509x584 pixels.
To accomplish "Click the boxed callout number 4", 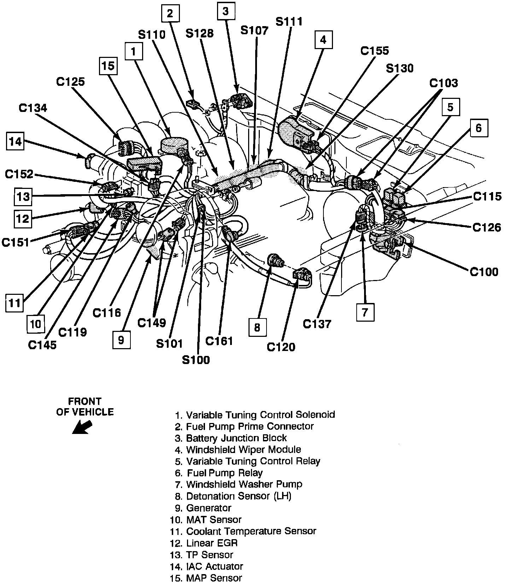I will click(323, 40).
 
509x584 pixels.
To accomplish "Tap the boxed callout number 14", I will click(16, 142).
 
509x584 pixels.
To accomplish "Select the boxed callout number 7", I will click(365, 312).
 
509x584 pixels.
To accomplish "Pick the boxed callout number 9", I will click(121, 340).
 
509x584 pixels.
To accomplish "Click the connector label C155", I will click(374, 51).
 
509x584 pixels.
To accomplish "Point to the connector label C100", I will click(484, 272).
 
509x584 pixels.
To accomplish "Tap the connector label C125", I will click(70, 82).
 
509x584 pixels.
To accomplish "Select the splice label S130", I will click(399, 68).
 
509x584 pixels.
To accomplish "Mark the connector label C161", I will click(219, 341).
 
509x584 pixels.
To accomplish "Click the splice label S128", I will click(200, 33).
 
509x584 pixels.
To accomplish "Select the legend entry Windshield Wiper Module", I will click(244, 449).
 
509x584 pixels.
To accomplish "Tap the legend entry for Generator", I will click(209, 508).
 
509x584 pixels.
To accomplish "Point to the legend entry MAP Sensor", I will click(214, 578).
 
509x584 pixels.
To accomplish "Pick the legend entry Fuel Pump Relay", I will click(224, 473).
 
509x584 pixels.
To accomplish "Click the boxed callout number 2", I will click(170, 14).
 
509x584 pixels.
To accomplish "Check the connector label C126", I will click(486, 228).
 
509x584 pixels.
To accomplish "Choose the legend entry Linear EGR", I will click(212, 543).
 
